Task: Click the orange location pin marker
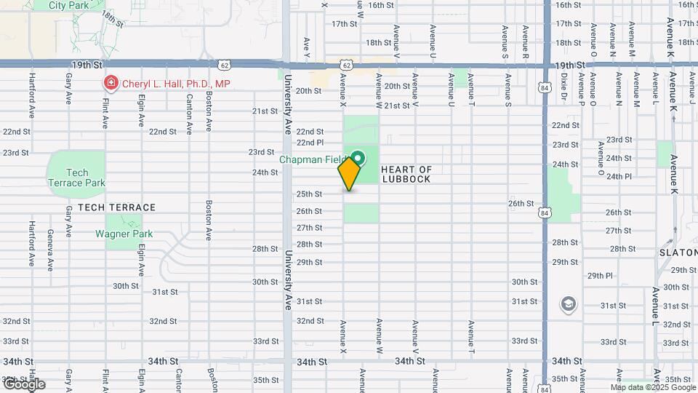pos(349,173)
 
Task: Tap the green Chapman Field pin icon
pos(358,157)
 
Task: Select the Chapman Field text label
pos(314,159)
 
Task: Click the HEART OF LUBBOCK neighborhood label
pos(406,174)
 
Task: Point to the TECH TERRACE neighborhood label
pos(116,207)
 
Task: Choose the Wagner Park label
pos(124,234)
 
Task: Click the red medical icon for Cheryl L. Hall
pos(111,84)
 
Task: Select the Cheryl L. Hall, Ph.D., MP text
pos(176,84)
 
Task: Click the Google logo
pos(23,384)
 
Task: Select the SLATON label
pos(678,252)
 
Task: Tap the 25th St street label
pos(309,194)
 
